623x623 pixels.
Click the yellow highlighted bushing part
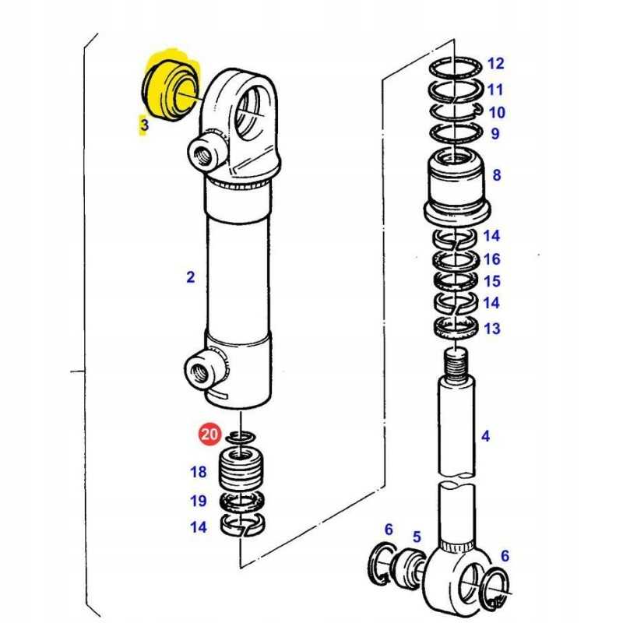click(x=171, y=90)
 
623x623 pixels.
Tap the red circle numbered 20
click(x=209, y=434)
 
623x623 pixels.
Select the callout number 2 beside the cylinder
click(x=191, y=277)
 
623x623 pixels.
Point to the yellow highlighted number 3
click(x=143, y=125)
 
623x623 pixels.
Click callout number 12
click(x=495, y=64)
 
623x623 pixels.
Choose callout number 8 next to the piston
click(x=497, y=174)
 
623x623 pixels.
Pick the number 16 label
click(x=492, y=259)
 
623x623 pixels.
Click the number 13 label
click(x=492, y=329)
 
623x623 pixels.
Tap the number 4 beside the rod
click(x=485, y=436)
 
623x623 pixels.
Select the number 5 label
click(x=417, y=537)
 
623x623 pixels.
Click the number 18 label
click(x=199, y=472)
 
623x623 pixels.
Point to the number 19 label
click(x=199, y=501)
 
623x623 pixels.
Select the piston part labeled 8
click(x=456, y=187)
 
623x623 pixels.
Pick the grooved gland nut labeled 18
click(x=242, y=470)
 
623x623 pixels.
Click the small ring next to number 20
click(x=241, y=437)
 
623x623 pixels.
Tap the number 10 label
click(x=497, y=112)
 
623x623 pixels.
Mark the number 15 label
click(x=492, y=281)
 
